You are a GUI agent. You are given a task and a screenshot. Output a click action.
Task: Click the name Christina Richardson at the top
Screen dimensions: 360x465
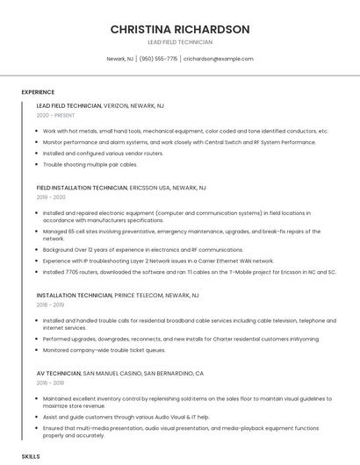179,29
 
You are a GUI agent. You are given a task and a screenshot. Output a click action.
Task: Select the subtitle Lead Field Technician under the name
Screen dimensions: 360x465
179,42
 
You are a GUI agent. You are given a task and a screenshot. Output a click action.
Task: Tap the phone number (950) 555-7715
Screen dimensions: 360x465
158,59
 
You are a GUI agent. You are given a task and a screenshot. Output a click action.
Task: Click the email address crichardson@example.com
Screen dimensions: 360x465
218,59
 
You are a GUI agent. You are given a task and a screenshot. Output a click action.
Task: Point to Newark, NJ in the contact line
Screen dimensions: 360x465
119,59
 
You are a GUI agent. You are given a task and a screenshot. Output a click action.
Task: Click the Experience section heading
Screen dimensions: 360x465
38,92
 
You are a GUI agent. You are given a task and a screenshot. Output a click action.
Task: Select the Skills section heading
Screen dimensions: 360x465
31,457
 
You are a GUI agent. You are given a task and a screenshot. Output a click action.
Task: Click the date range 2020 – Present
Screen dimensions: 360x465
54,115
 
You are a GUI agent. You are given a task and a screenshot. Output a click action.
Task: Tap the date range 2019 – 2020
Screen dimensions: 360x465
51,197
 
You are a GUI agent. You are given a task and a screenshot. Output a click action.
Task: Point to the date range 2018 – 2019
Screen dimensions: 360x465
51,304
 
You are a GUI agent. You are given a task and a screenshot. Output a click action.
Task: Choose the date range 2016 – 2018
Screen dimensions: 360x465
51,383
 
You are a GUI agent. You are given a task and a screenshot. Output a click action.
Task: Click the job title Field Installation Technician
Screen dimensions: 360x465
82,188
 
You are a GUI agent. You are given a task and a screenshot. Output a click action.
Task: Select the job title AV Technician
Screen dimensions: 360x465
58,373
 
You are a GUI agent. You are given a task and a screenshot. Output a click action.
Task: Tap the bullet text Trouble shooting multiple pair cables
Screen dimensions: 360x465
90,164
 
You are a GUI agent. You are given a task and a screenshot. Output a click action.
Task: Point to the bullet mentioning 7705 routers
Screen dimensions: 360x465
189,272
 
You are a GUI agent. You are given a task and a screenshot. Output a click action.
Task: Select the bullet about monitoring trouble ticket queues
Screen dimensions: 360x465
104,350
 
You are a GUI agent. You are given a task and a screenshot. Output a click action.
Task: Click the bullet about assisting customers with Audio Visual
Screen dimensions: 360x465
126,417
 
